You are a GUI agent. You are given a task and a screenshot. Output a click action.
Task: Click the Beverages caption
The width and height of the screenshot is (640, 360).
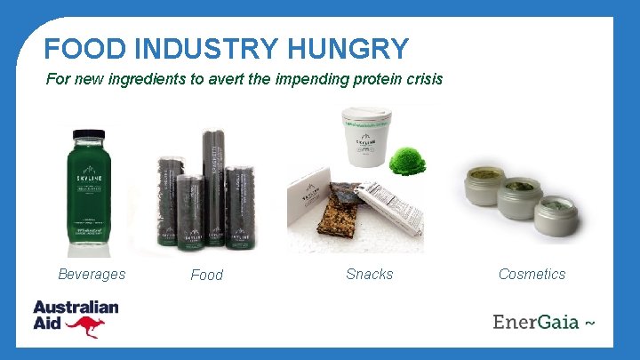click(92, 274)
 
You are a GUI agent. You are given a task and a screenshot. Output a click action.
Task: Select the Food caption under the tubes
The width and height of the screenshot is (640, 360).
click(206, 275)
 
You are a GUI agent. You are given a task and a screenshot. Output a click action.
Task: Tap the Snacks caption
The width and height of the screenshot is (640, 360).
click(369, 274)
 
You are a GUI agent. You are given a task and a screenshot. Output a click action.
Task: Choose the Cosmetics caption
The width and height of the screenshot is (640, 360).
click(532, 274)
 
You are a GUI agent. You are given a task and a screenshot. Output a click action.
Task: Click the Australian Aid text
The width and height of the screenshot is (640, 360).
click(75, 313)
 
